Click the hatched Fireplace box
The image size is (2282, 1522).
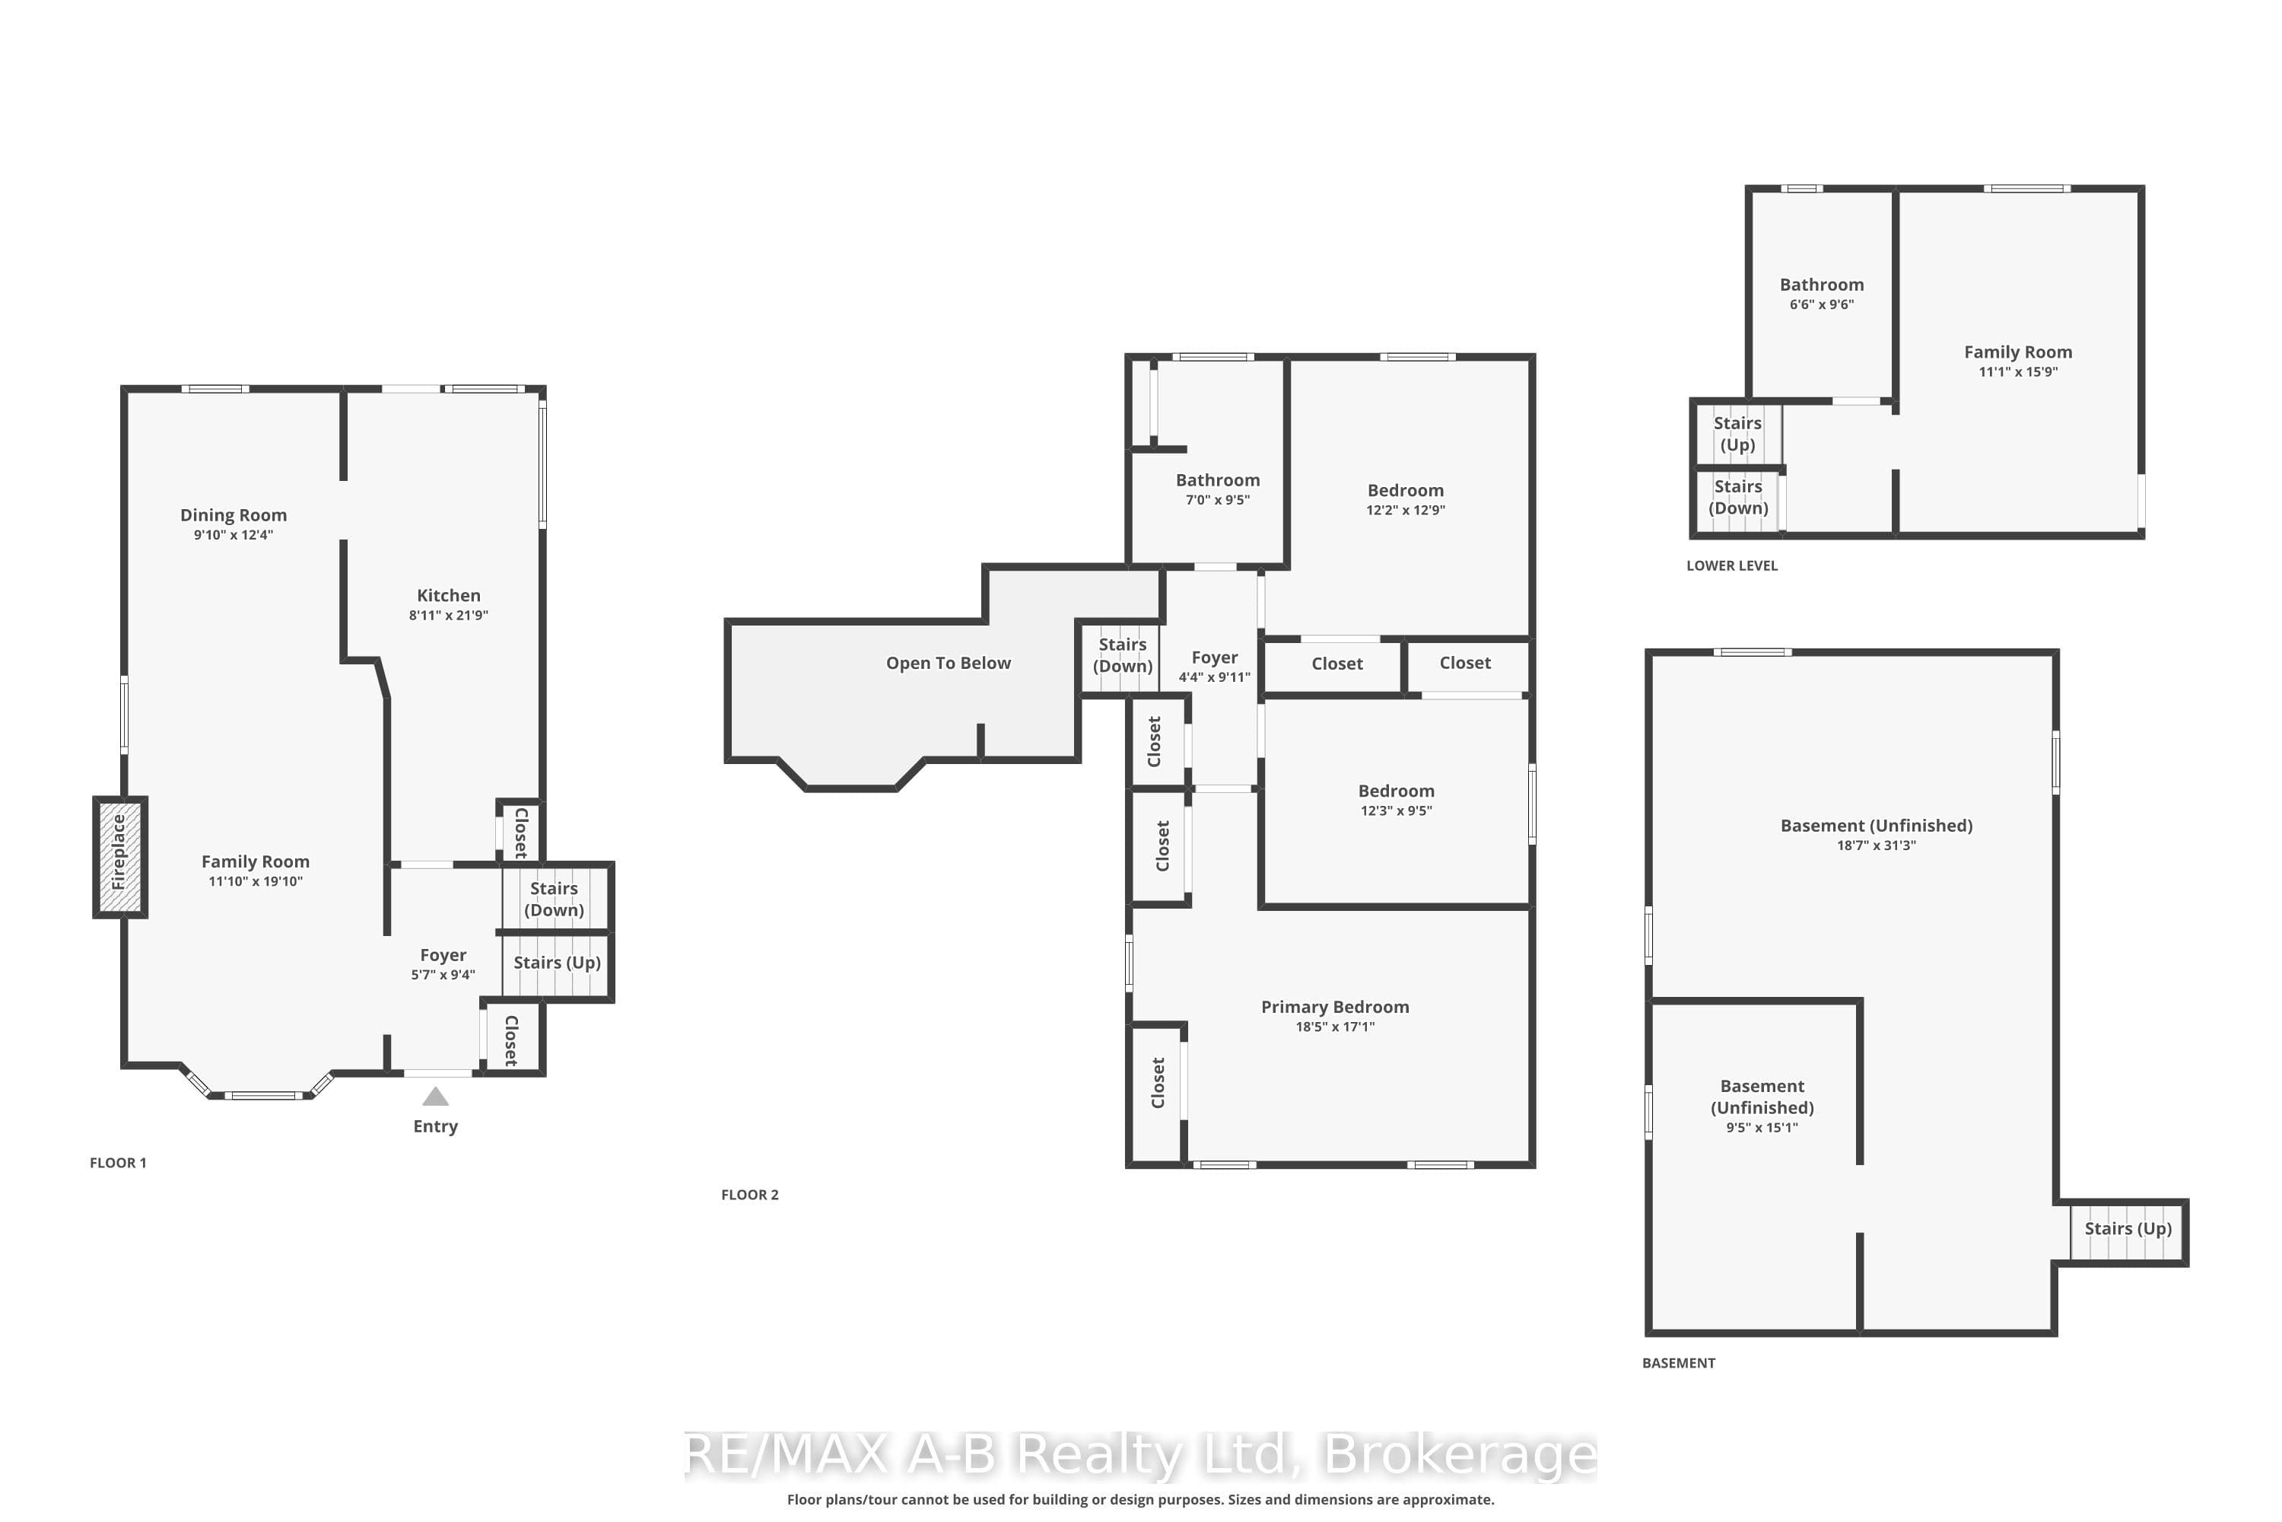[x=120, y=857]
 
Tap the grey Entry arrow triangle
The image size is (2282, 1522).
[x=436, y=1097]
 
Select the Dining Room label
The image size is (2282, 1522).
[x=234, y=515]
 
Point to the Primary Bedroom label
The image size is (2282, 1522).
[x=1335, y=1008]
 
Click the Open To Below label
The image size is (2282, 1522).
[x=948, y=663]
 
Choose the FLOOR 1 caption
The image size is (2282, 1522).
[x=119, y=1163]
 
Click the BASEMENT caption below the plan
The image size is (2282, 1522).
[x=1679, y=1364]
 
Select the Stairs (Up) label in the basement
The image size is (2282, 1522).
[x=2128, y=1229]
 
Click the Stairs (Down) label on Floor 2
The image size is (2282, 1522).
[x=1123, y=655]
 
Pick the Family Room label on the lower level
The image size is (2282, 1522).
[x=2018, y=352]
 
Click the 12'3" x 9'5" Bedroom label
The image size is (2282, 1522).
[x=1396, y=801]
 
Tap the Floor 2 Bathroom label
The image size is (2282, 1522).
[x=1218, y=480]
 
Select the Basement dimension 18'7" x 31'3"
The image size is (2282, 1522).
[x=1877, y=845]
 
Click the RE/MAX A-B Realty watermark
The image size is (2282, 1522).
[x=1141, y=1455]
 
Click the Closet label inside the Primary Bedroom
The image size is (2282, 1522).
[x=1158, y=1083]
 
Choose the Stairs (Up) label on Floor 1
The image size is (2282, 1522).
[x=557, y=963]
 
